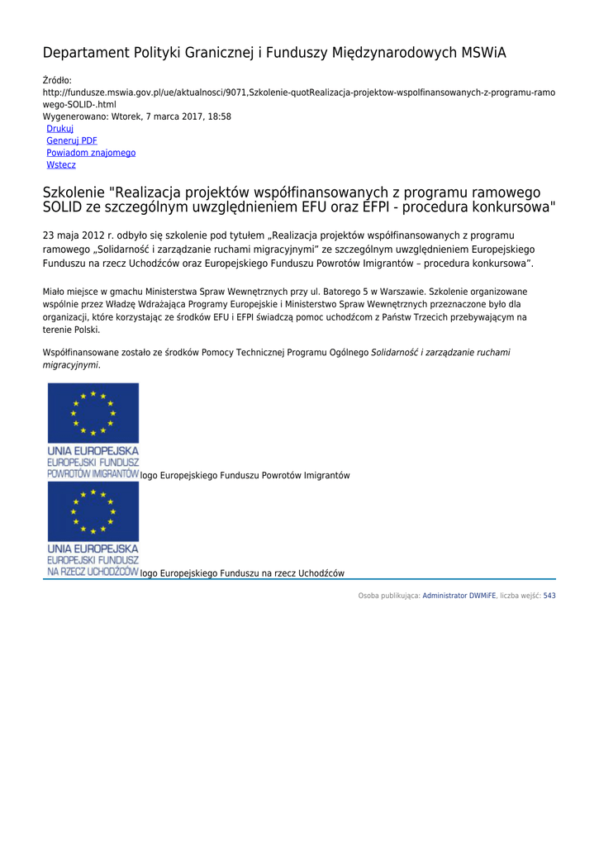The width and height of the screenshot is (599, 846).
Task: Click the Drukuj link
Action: [59, 129]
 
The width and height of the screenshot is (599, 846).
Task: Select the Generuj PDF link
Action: [72, 141]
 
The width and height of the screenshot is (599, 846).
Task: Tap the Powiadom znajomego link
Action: [91, 153]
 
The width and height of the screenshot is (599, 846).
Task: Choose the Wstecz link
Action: [61, 165]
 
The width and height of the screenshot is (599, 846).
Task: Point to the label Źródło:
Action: [57, 80]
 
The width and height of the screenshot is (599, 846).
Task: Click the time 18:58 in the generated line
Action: [220, 116]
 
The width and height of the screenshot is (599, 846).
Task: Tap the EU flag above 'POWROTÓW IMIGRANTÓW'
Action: [93, 413]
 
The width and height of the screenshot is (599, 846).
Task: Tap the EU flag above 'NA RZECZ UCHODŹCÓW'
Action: [93, 512]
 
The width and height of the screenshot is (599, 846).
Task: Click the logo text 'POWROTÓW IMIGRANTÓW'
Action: [93, 475]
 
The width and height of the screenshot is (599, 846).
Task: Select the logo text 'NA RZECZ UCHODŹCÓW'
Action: [93, 572]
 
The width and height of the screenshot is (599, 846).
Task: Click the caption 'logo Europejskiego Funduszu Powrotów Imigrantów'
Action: [245, 476]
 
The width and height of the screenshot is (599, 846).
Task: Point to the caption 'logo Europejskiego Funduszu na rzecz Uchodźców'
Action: [242, 573]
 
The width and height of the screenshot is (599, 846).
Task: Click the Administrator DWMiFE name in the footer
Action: [459, 596]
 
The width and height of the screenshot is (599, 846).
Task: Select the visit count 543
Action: [549, 596]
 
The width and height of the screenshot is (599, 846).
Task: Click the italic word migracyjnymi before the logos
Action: [71, 364]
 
